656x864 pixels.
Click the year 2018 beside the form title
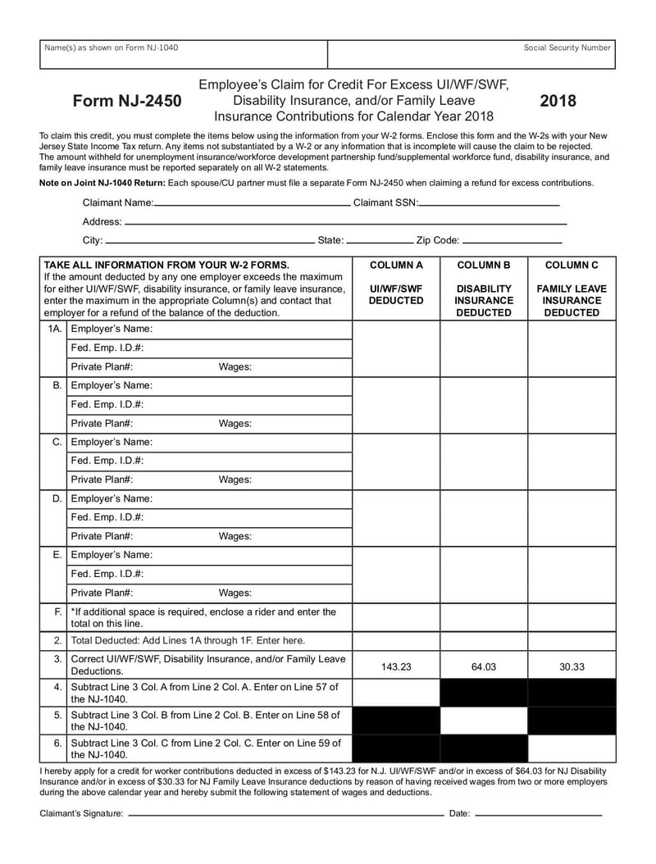click(558, 101)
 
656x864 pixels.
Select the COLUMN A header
click(395, 266)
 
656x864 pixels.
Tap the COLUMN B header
click(483, 266)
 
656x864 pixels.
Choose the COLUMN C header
click(572, 266)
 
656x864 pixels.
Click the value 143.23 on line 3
click(395, 666)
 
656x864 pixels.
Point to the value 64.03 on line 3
click(483, 666)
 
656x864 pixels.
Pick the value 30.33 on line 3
click(572, 666)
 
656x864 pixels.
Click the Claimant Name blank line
click(252, 203)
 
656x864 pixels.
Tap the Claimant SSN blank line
click(490, 203)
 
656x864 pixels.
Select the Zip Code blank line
click(512, 243)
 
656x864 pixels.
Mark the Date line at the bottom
click(538, 815)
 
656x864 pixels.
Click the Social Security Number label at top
click(567, 48)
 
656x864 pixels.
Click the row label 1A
click(54, 329)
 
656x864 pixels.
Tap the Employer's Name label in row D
click(112, 498)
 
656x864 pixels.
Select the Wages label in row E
click(235, 593)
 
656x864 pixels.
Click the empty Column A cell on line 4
click(395, 693)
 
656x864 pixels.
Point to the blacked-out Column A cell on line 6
click(395, 748)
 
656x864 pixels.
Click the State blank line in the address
click(380, 243)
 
